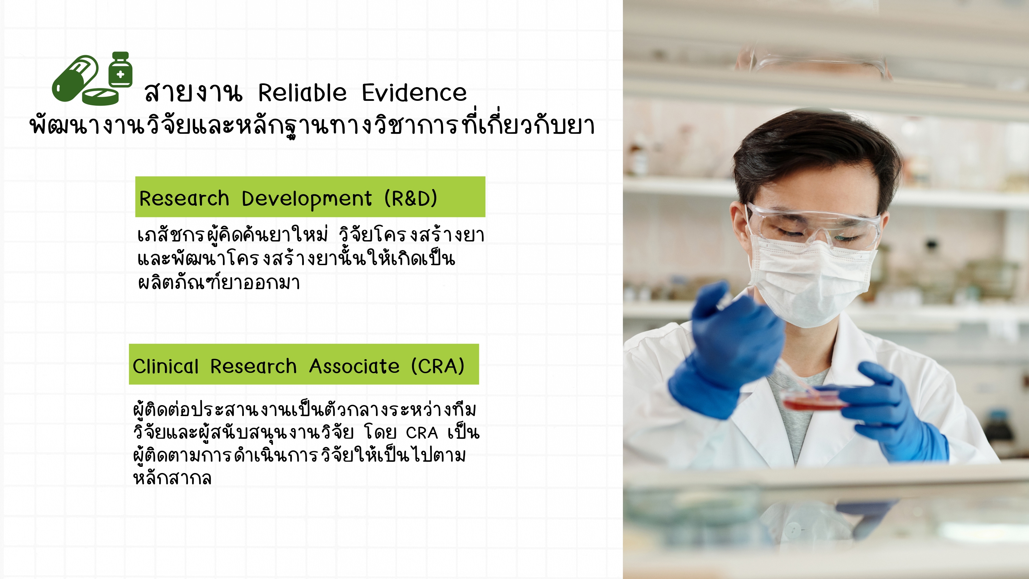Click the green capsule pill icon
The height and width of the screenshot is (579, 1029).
click(75, 78)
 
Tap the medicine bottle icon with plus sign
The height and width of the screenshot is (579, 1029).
click(120, 70)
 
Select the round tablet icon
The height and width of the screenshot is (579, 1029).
click(100, 97)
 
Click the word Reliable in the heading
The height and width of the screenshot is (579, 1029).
click(303, 93)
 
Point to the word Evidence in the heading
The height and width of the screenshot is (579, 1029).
click(414, 93)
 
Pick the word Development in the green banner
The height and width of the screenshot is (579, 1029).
click(307, 199)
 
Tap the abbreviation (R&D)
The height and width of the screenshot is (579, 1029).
click(411, 199)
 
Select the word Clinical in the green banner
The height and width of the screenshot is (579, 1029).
click(165, 366)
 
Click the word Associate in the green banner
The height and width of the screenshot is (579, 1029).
click(354, 366)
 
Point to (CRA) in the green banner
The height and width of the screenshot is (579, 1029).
click(438, 366)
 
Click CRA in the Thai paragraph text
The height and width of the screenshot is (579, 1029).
click(422, 433)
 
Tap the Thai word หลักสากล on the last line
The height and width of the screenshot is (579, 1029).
click(172, 478)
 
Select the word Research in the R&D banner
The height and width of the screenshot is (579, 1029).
click(184, 199)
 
